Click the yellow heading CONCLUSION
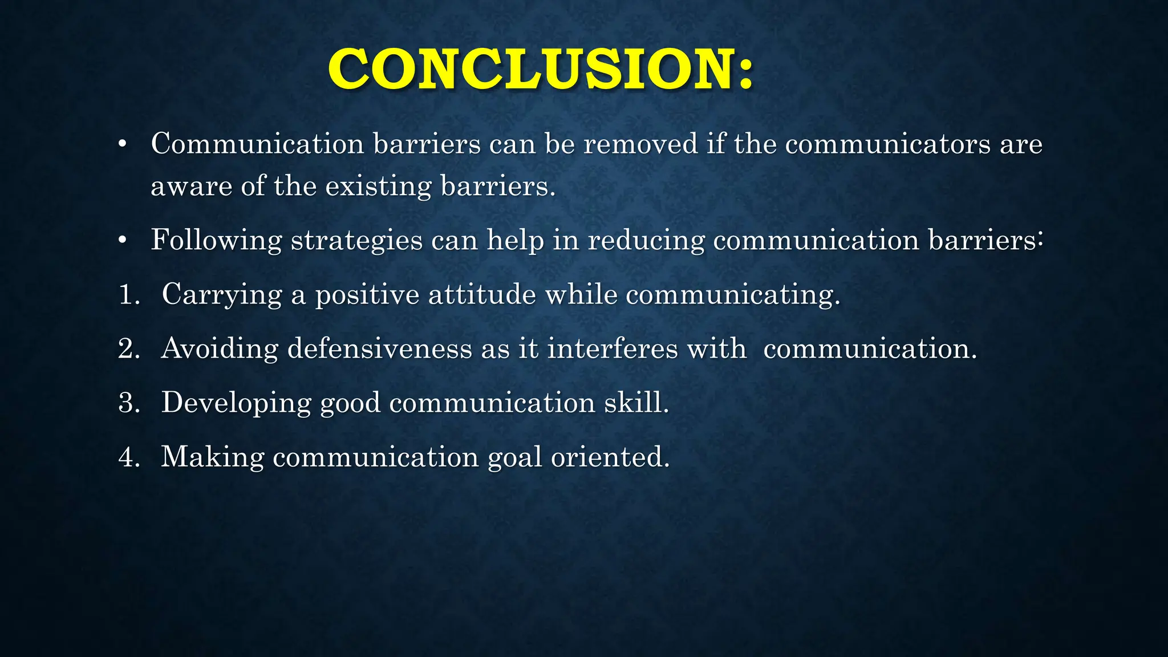pyautogui.click(x=540, y=69)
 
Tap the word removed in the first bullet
pyautogui.click(x=640, y=144)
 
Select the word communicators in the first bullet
pyautogui.click(x=887, y=144)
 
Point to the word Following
pyautogui.click(x=216, y=240)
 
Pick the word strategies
pyautogui.click(x=356, y=240)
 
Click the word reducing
pyautogui.click(x=646, y=240)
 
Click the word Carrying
pyautogui.click(x=222, y=295)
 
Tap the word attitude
pyautogui.click(x=482, y=295)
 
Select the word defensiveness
pyautogui.click(x=379, y=348)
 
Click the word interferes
pyautogui.click(x=613, y=348)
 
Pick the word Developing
pyautogui.click(x=236, y=403)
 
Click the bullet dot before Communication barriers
pyautogui.click(x=121, y=145)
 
